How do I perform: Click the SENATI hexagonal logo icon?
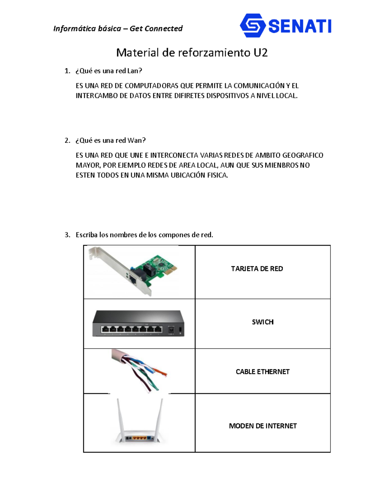tap(252, 26)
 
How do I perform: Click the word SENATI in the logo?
tap(300, 26)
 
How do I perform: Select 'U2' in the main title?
tap(260, 52)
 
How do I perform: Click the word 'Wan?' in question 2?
tap(137, 140)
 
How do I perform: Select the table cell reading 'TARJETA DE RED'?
tap(257, 269)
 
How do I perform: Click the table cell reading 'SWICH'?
tap(263, 322)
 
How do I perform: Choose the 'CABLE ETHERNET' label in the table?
tap(262, 372)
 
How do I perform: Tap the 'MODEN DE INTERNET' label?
tap(263, 426)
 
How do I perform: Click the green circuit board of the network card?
tap(160, 266)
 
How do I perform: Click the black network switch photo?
tap(138, 323)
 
